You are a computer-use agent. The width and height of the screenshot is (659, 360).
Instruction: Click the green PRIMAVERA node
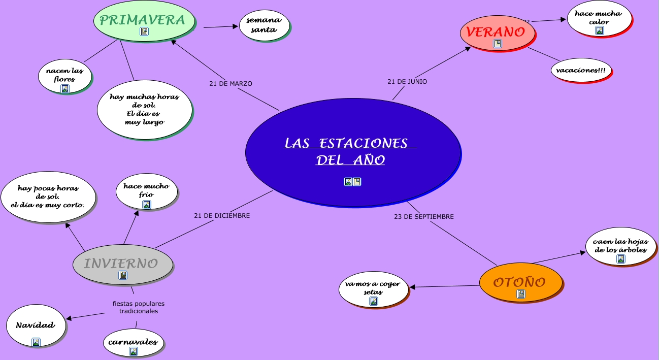[142, 20]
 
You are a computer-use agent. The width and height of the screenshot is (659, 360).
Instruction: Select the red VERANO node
[496, 32]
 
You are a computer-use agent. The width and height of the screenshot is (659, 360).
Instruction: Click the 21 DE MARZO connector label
[230, 83]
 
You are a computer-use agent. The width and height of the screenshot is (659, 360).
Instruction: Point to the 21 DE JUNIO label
[407, 81]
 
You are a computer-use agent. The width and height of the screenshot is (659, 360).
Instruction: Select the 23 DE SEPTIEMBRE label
[424, 216]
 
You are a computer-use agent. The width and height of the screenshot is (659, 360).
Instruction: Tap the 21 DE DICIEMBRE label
[222, 215]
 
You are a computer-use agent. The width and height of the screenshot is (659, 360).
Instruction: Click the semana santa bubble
[264, 25]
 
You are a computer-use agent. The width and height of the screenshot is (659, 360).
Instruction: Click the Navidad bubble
[35, 325]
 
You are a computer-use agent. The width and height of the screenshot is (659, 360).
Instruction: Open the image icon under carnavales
[133, 351]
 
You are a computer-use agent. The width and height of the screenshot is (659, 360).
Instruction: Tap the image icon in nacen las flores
[65, 89]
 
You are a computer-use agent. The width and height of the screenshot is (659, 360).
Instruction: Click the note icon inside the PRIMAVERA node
[144, 31]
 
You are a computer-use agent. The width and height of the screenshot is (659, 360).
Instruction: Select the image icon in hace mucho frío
[146, 205]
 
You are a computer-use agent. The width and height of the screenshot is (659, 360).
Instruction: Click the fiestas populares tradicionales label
[139, 307]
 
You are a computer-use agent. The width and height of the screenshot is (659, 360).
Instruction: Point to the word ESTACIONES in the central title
[364, 144]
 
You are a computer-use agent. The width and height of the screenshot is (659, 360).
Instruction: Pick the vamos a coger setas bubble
[373, 288]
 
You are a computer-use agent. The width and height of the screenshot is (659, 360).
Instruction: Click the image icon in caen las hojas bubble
[620, 259]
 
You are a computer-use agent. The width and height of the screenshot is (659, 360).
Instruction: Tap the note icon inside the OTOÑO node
[521, 294]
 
